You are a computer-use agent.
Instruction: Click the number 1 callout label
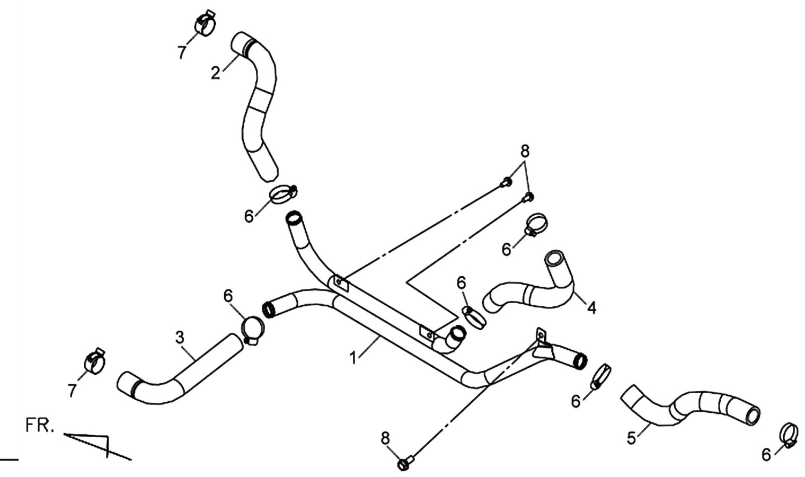(x=354, y=358)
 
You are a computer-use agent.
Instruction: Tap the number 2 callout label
(x=216, y=73)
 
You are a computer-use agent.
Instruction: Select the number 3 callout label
(x=180, y=338)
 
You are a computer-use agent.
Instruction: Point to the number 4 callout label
(x=591, y=308)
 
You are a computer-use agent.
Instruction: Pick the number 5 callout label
(x=632, y=438)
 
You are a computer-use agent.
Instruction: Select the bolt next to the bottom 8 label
(x=405, y=463)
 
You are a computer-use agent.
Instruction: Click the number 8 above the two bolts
(x=525, y=152)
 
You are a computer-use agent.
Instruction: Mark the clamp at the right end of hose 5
(x=789, y=436)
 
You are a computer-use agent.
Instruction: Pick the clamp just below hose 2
(x=284, y=194)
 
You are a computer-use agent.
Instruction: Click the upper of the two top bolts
(x=506, y=182)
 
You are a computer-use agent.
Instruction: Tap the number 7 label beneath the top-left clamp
(x=182, y=52)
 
